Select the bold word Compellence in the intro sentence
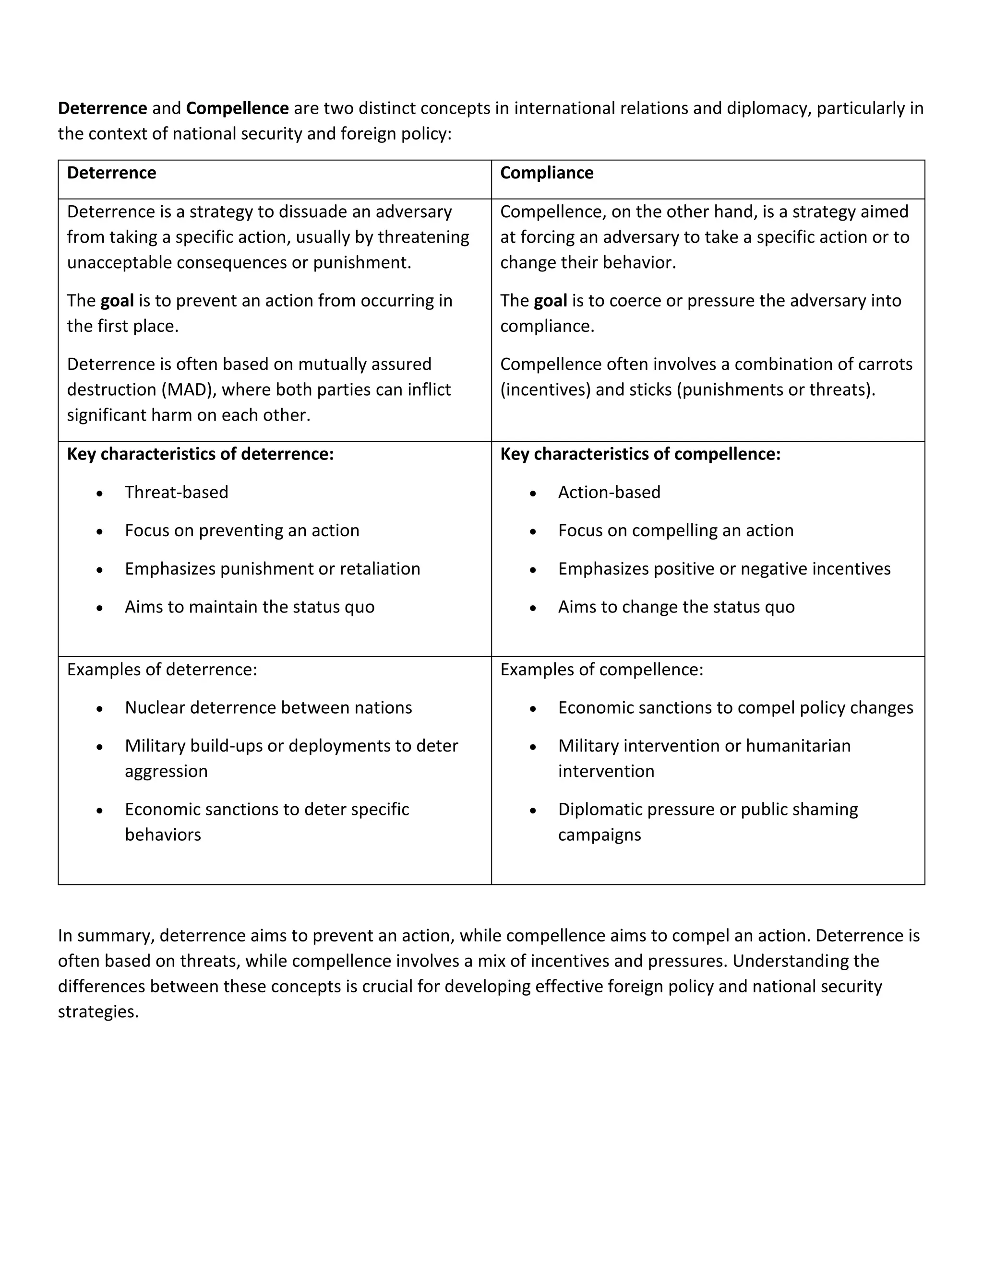coord(237,108)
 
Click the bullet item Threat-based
coord(176,493)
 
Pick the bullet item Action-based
coord(609,493)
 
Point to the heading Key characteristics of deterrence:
coord(200,454)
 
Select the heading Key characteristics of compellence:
coord(640,454)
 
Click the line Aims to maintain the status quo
coord(249,607)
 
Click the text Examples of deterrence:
coord(162,670)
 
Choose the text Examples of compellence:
coord(601,670)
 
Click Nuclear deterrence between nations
coord(268,707)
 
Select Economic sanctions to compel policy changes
coord(735,707)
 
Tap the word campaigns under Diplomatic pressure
coord(599,835)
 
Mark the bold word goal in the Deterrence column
coord(117,301)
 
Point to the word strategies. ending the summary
coord(98,1012)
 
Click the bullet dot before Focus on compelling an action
coord(533,532)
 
